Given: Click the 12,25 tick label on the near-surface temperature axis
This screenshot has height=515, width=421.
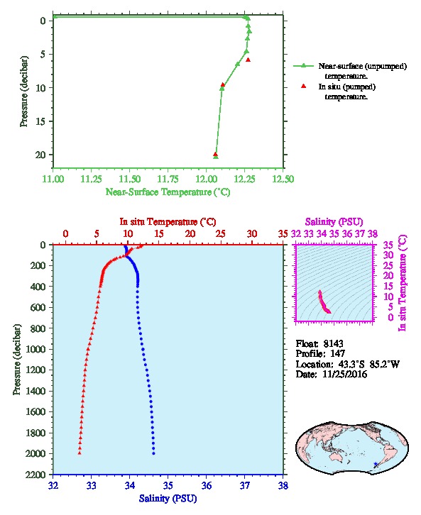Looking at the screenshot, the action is [244, 179].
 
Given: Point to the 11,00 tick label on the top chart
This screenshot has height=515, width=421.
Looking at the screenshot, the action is [53, 179].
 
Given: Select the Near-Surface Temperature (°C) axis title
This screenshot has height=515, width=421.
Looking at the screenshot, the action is [168, 192].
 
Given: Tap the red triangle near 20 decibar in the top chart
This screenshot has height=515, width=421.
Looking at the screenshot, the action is [215, 154].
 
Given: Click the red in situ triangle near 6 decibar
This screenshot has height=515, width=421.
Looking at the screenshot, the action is [248, 60].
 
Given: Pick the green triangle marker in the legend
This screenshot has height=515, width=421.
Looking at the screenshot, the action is [303, 66].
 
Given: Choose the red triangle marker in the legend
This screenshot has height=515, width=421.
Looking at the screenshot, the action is [303, 86].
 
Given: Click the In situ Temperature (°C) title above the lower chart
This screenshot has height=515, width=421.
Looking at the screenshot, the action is [168, 222].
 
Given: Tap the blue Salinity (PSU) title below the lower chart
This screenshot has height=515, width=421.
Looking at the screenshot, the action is [168, 498].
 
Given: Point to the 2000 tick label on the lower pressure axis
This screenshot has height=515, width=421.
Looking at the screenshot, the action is [35, 453].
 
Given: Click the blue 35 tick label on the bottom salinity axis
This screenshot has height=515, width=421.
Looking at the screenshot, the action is [168, 485].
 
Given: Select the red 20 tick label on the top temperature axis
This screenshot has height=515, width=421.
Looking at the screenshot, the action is [190, 233].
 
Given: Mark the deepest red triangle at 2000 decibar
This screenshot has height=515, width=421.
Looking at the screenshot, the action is [80, 453].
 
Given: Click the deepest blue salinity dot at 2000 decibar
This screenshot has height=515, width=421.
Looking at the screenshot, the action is [153, 453].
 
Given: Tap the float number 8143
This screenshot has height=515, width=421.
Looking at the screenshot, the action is [333, 343].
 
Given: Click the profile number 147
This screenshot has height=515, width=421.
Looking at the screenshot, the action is [337, 353].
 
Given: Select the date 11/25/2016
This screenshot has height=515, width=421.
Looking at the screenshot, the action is [345, 374].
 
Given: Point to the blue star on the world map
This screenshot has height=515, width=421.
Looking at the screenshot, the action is [376, 464].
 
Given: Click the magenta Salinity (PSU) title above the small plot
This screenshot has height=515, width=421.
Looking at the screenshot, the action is [334, 222].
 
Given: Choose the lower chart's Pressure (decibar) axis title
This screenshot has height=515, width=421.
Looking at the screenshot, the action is [17, 360].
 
